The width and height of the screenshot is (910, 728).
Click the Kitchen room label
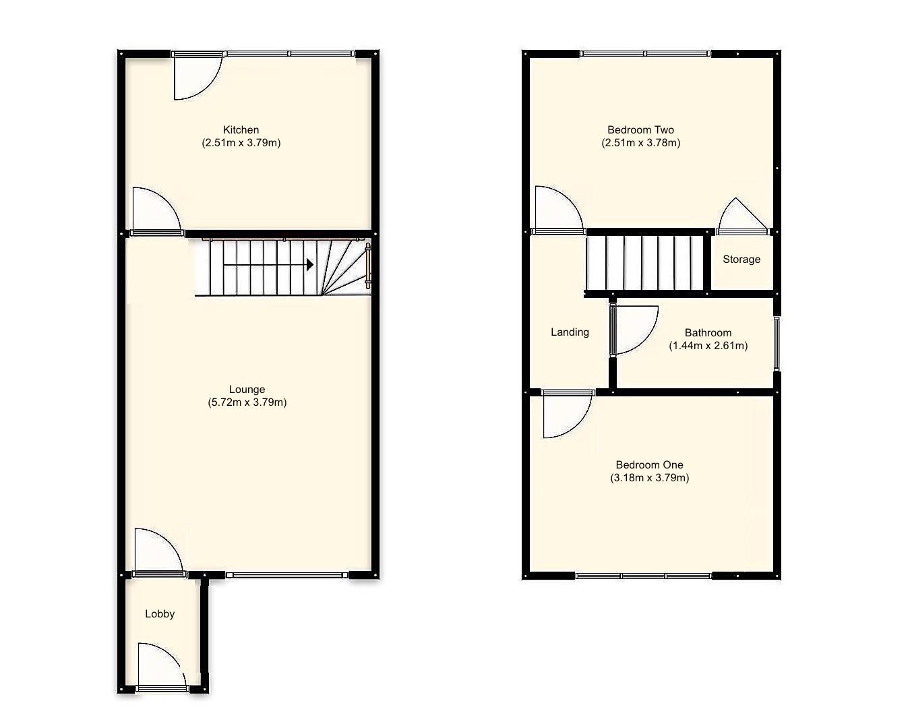pyautogui.click(x=241, y=130)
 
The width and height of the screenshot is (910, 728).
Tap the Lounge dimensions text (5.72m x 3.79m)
pyautogui.click(x=247, y=402)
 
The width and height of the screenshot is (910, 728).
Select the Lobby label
pyautogui.click(x=160, y=614)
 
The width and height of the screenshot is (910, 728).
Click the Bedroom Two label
pyautogui.click(x=640, y=130)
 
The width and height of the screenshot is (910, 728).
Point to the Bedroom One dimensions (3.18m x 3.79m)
pyautogui.click(x=649, y=478)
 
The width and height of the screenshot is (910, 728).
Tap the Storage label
pyautogui.click(x=741, y=260)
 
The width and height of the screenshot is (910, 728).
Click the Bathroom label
pyautogui.click(x=708, y=332)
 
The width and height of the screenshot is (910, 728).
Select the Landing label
pyautogui.click(x=570, y=332)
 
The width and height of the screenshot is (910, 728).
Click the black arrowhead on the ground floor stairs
pyautogui.click(x=310, y=265)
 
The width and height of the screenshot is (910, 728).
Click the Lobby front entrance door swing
pyautogui.click(x=160, y=665)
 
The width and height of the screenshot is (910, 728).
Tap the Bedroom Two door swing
pyautogui.click(x=556, y=210)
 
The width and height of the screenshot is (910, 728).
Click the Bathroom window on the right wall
pyautogui.click(x=776, y=343)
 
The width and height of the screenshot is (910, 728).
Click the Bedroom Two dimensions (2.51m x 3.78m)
pyautogui.click(x=640, y=143)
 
